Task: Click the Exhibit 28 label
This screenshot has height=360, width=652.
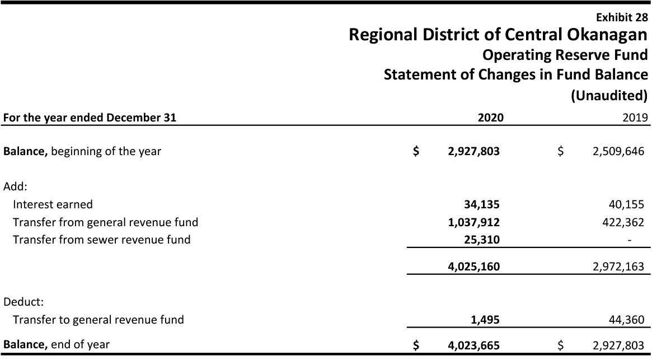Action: click(x=622, y=17)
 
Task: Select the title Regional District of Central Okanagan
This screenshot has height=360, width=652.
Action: click(x=498, y=35)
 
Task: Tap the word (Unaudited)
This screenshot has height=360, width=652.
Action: click(x=609, y=95)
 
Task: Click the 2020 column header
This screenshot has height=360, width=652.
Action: click(x=490, y=118)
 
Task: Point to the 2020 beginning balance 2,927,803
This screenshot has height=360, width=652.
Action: click(x=473, y=151)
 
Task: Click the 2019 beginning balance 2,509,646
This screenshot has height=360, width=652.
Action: click(x=618, y=151)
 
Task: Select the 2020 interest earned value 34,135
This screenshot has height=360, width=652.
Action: click(x=481, y=204)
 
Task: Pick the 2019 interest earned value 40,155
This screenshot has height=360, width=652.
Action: click(x=626, y=204)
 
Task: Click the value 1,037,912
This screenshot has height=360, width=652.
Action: click(x=473, y=222)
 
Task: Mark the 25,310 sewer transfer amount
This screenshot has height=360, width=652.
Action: click(x=481, y=240)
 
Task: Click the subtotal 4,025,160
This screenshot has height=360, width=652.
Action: click(x=473, y=267)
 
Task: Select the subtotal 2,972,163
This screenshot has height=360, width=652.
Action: click(x=618, y=267)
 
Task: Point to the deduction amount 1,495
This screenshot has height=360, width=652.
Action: click(x=485, y=320)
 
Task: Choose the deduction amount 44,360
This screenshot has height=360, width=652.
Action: click(x=626, y=320)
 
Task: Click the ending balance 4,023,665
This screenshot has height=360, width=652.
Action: click(x=473, y=345)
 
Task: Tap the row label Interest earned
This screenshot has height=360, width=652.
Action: click(x=53, y=204)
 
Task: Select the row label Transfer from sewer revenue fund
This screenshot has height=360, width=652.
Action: click(x=101, y=240)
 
